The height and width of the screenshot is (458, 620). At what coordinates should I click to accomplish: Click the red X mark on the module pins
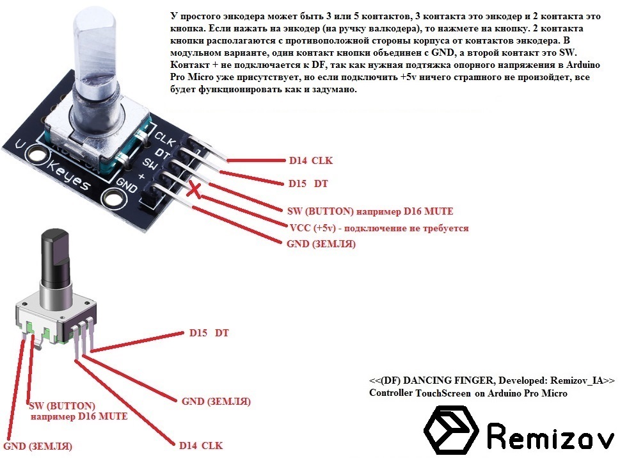[194, 189]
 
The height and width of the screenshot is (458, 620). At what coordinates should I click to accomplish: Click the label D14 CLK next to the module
[311, 160]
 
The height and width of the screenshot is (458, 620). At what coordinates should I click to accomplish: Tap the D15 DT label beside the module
[308, 183]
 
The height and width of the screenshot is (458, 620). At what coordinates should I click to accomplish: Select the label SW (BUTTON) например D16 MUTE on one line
[370, 211]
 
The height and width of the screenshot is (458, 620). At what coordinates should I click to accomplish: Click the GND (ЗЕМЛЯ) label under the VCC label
[321, 243]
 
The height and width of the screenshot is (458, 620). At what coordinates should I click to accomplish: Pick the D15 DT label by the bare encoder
[209, 332]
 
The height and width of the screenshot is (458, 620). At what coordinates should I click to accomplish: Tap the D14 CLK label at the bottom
[201, 445]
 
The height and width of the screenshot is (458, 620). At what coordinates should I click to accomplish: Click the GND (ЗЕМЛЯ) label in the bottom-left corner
[38, 446]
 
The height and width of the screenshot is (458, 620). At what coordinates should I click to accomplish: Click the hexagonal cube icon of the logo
[451, 430]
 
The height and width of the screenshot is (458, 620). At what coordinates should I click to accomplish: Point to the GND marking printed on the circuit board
[127, 184]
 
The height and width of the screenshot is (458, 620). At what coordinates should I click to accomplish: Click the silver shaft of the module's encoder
[96, 60]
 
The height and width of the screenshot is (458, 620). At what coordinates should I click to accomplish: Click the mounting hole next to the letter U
[36, 154]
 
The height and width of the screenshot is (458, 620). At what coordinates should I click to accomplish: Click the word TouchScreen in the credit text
[443, 393]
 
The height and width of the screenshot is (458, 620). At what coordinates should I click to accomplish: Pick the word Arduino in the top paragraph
[583, 65]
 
